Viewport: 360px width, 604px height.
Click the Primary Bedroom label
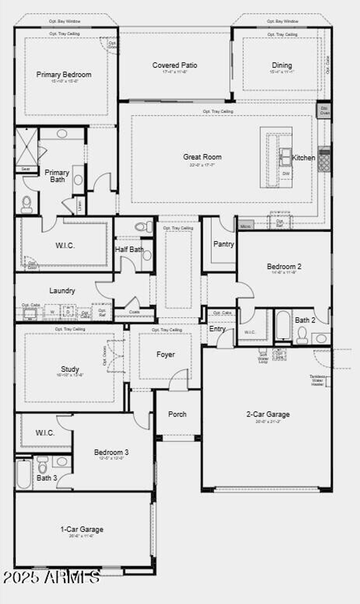click(x=64, y=75)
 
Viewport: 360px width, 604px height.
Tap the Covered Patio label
click(x=175, y=65)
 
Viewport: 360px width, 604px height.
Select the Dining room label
click(x=282, y=65)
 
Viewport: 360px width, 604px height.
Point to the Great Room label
click(x=202, y=157)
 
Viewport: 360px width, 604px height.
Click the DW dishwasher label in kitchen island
click(x=286, y=173)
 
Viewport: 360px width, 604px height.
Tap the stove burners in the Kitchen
click(x=324, y=162)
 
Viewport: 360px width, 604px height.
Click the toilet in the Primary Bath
click(x=27, y=204)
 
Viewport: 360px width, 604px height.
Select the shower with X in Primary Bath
click(x=26, y=147)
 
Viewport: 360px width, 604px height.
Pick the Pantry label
click(x=224, y=244)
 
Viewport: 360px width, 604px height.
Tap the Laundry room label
click(x=62, y=290)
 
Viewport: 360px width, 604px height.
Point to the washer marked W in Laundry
click(x=52, y=312)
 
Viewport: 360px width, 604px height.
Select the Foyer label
click(x=165, y=355)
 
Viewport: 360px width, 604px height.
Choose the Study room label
click(x=70, y=369)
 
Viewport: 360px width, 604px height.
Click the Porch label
click(x=177, y=414)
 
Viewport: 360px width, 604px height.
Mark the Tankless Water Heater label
click(x=318, y=380)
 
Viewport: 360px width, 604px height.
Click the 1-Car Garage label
click(x=82, y=529)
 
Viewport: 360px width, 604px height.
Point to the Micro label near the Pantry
click(x=245, y=226)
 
